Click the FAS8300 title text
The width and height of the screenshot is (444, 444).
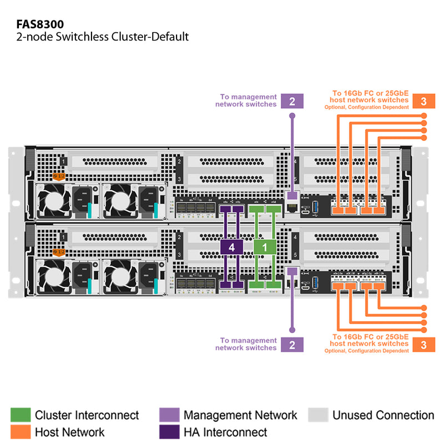click(40, 24)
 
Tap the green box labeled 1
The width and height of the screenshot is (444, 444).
click(265, 247)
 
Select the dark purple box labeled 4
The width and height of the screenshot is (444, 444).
click(231, 247)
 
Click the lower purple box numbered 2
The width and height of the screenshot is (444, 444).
click(292, 344)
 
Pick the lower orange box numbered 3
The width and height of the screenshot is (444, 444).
click(423, 344)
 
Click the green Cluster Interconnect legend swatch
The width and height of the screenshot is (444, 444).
click(21, 415)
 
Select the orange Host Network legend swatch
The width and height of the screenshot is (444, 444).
click(21, 432)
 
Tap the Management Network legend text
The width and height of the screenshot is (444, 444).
click(240, 415)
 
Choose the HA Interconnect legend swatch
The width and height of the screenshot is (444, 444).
click(169, 432)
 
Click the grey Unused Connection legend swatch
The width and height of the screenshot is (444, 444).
click(318, 415)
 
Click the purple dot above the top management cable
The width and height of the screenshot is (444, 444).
click(292, 115)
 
